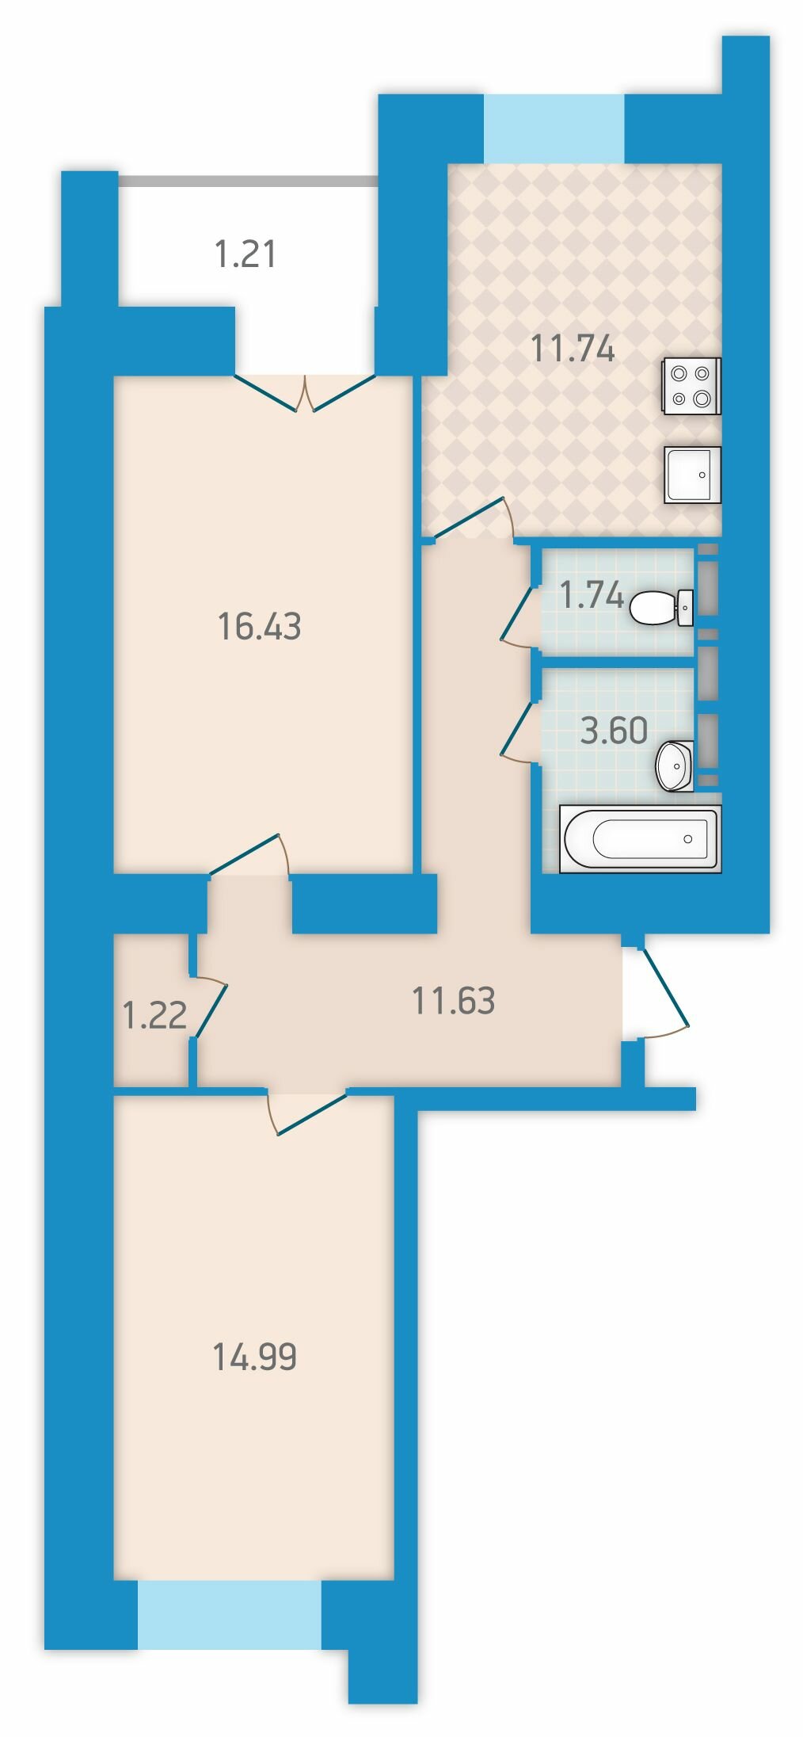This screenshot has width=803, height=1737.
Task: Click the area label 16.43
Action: click(259, 627)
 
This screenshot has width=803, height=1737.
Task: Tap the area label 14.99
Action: click(254, 1356)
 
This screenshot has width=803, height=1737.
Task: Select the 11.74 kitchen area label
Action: click(573, 348)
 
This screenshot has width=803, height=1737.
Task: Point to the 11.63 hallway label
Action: click(454, 1001)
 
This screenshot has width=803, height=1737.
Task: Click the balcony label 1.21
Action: click(245, 254)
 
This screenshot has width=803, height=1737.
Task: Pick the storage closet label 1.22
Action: click(155, 1015)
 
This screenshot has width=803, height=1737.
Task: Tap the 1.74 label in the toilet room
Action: click(591, 594)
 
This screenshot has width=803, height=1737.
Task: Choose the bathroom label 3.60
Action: click(614, 730)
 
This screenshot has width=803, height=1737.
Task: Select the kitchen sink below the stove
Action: click(693, 474)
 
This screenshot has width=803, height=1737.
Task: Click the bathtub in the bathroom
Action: click(640, 838)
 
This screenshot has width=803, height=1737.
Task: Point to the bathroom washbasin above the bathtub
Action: click(675, 765)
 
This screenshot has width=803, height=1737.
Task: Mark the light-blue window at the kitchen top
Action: click(554, 128)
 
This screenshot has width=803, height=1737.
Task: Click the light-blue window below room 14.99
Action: click(230, 1615)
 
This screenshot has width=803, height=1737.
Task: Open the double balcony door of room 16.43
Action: click(305, 394)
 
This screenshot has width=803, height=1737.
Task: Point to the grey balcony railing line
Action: click(248, 181)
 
